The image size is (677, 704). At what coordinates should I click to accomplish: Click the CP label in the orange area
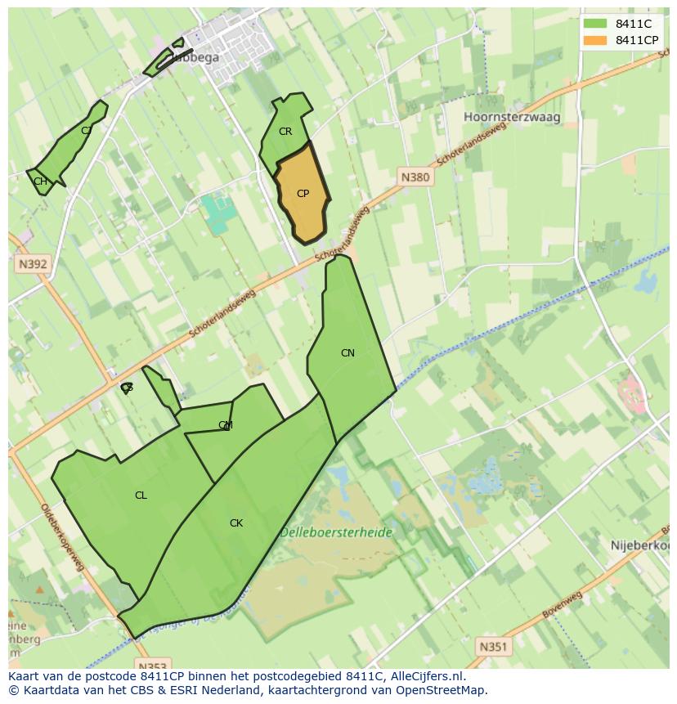click(x=303, y=194)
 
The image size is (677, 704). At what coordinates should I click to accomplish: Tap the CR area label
click(x=285, y=132)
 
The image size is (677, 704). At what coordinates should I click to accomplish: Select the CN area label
click(x=347, y=353)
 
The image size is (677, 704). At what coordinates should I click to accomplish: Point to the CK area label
click(x=236, y=523)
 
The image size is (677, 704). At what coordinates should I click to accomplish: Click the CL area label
click(x=141, y=495)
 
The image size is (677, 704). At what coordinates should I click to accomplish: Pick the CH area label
click(x=40, y=182)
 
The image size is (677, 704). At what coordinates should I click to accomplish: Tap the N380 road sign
click(x=415, y=177)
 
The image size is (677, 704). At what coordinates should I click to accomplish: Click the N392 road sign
click(x=32, y=264)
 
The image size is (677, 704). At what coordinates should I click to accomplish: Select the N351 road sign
click(x=493, y=647)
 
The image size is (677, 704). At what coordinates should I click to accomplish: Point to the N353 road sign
click(x=152, y=666)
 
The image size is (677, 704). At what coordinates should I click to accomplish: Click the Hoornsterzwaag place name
click(x=512, y=117)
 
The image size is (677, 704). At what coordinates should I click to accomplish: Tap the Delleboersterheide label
click(x=336, y=532)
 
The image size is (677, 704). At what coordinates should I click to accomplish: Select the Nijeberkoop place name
click(x=640, y=545)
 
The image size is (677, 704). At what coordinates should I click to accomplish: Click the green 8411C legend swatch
click(x=595, y=24)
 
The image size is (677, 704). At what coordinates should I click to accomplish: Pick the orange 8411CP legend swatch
click(x=595, y=40)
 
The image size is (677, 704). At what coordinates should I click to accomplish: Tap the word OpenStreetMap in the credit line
click(x=445, y=690)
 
